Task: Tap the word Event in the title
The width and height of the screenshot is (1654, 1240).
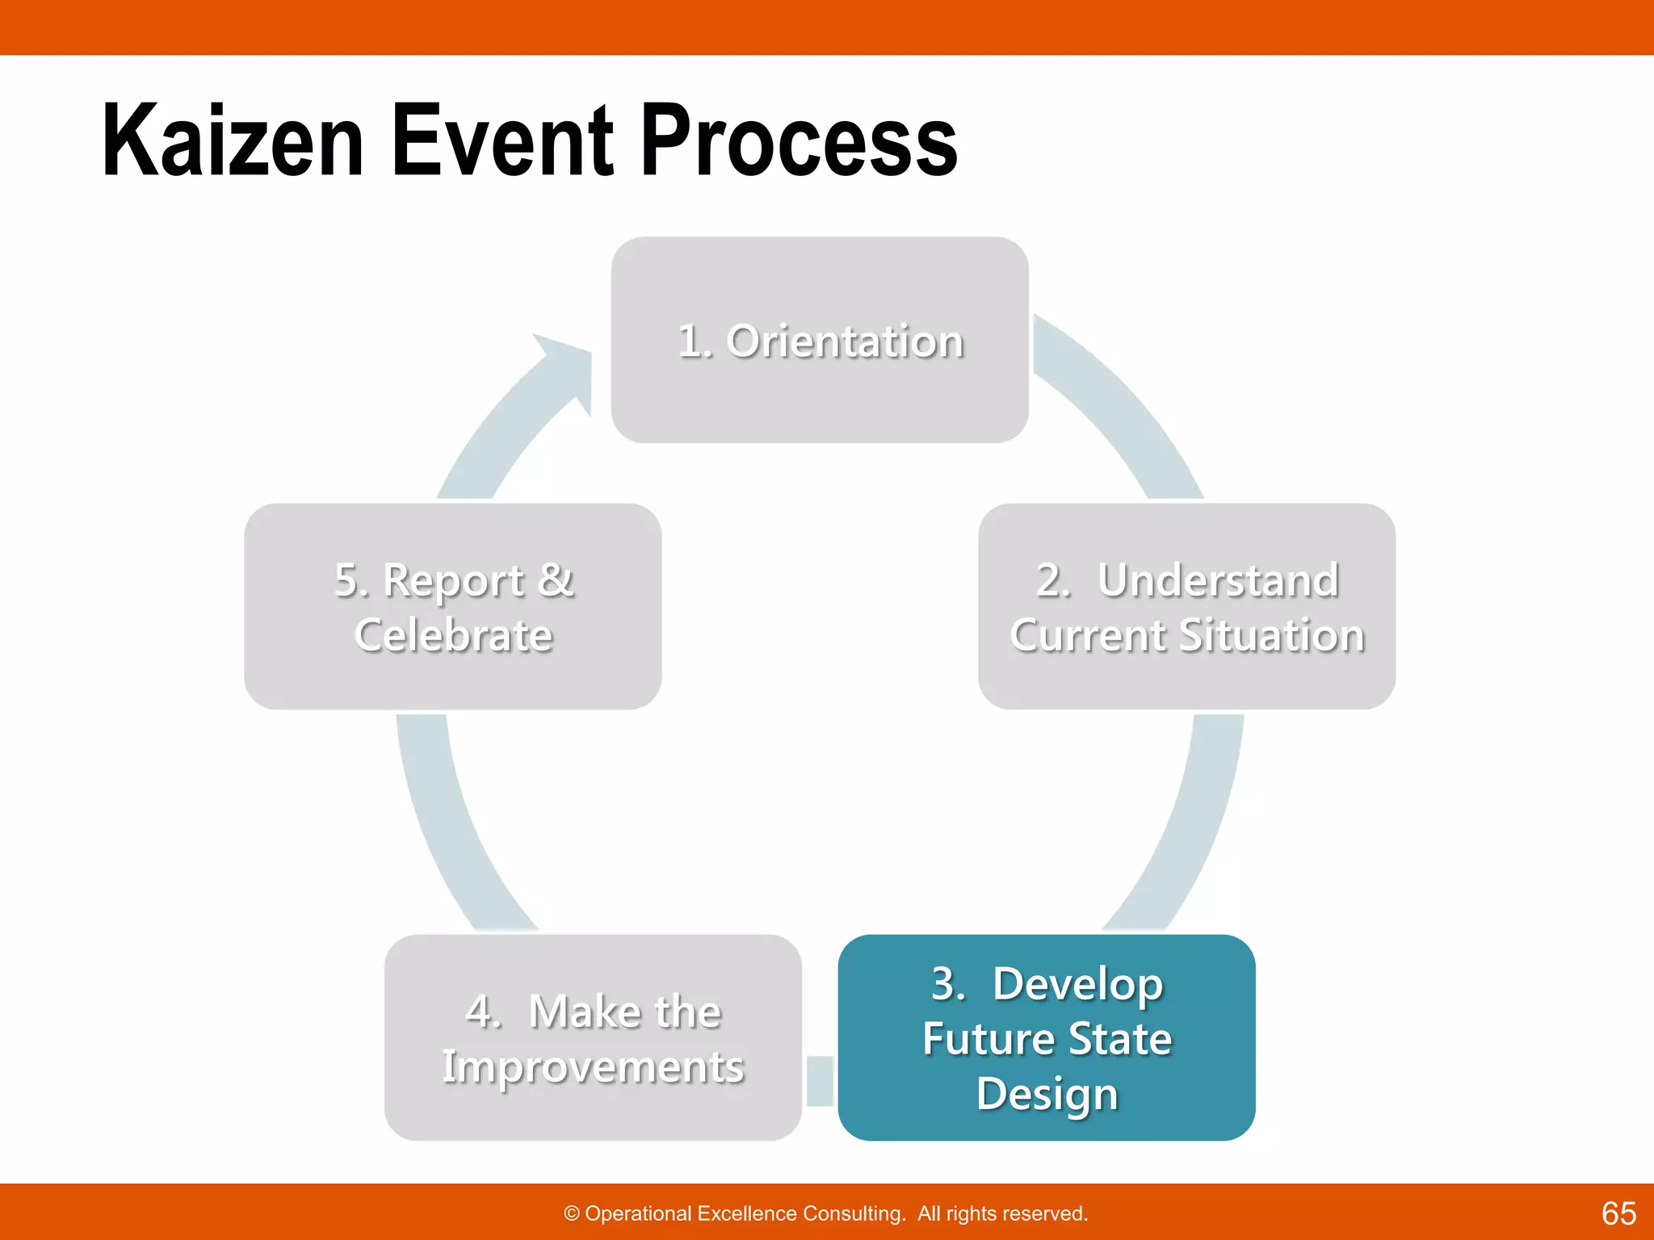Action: [x=502, y=141]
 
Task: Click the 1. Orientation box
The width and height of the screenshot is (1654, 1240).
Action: [x=819, y=340]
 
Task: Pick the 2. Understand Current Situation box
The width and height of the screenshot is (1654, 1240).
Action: [x=1186, y=606]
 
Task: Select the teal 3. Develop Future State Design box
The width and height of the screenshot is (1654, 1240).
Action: [x=1046, y=1037]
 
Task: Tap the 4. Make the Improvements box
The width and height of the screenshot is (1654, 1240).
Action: [x=593, y=1037]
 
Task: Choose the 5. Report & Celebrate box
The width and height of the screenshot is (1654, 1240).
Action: [x=452, y=606]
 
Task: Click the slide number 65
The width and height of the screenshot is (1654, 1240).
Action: [x=1618, y=1213]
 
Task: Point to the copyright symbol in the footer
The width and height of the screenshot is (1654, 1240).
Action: [x=572, y=1213]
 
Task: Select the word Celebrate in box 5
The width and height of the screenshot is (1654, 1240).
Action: [x=453, y=635]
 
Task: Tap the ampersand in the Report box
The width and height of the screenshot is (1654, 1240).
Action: [x=555, y=580]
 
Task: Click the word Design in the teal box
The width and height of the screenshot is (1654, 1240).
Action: [x=1047, y=1093]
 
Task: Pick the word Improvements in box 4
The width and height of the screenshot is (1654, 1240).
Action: [x=593, y=1066]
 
